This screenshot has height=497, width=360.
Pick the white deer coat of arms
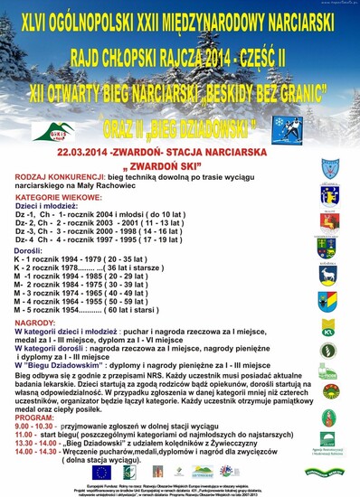(327, 274)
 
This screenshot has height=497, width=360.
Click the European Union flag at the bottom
(101, 471)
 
